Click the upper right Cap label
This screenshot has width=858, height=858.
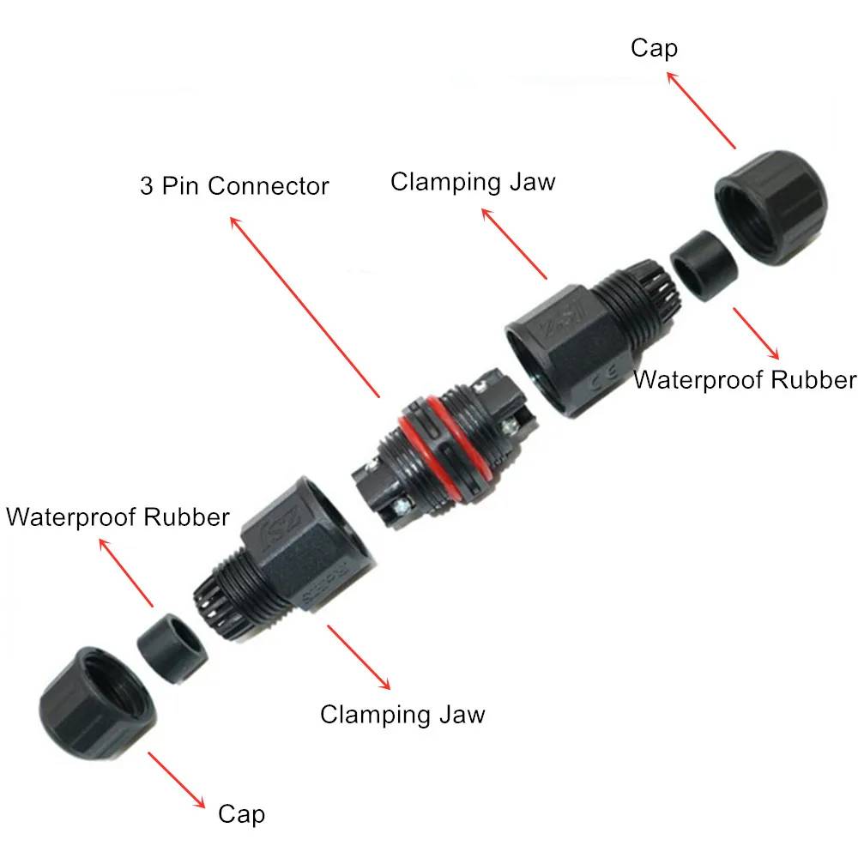654,48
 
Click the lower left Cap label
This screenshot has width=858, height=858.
241,813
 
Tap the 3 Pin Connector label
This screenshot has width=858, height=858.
234,185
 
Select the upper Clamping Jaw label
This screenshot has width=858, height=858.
473,182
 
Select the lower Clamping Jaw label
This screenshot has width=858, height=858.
402,714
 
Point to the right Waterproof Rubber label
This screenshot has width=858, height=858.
744,379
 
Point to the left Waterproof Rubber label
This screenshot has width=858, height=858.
118,517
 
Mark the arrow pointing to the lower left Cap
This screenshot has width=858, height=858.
177,780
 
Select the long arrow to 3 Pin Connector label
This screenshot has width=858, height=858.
305,305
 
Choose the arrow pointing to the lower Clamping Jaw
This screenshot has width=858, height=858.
359,656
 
